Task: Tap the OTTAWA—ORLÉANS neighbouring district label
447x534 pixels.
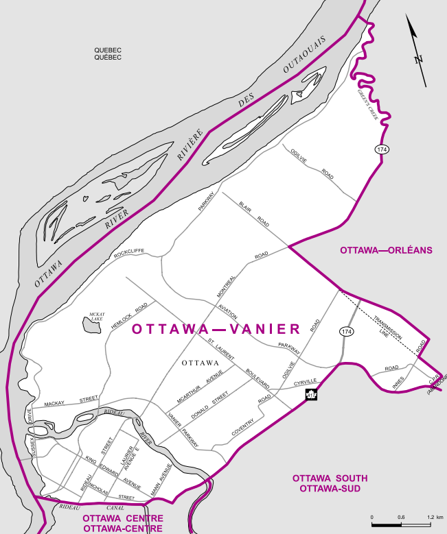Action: coord(386,250)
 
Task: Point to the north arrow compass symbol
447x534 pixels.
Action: coord(416,51)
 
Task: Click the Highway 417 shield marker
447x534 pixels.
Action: coord(310,395)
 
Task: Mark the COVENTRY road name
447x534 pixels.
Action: coord(242,426)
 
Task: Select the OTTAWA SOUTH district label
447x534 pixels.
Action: coord(330,478)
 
